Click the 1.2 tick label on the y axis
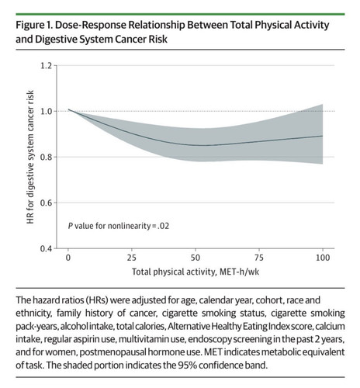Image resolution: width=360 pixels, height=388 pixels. click(47, 66)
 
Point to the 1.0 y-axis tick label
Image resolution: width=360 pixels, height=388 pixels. click(47, 112)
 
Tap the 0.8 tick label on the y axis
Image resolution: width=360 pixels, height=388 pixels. click(47, 157)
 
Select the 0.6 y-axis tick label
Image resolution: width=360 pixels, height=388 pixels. click(47, 203)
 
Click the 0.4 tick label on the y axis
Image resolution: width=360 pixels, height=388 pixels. click(47, 248)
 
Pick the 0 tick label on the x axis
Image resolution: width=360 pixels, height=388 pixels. click(68, 258)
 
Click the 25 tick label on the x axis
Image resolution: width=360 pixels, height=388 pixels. click(132, 258)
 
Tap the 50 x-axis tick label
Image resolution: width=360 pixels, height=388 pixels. click(196, 258)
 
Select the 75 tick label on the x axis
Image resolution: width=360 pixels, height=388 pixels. click(259, 258)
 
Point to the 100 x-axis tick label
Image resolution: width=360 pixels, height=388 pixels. click(323, 258)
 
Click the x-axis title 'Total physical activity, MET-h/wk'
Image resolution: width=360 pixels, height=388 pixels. click(196, 272)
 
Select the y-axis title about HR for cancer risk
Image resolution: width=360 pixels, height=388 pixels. click(30, 157)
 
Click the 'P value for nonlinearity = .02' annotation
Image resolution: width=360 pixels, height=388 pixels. click(119, 226)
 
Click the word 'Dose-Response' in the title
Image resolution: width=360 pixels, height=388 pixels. click(91, 26)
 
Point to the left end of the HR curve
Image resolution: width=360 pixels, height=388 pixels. click(68, 109)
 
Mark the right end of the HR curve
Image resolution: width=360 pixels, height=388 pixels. click(323, 136)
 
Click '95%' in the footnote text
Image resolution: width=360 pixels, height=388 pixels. click(187, 365)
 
